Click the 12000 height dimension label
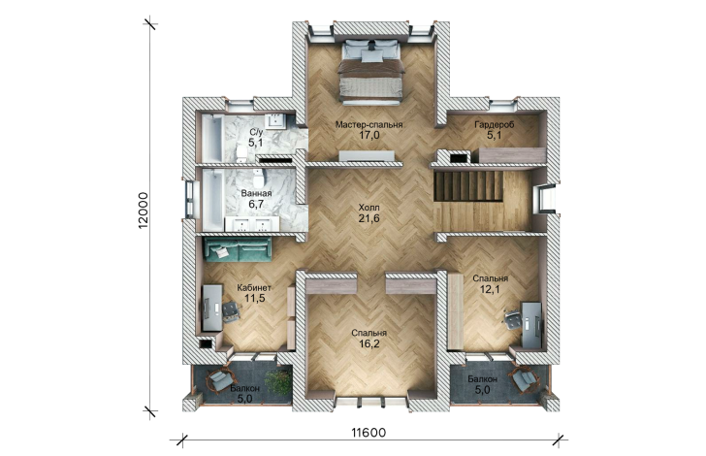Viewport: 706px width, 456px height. click(144, 211)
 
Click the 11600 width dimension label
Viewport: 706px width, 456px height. click(369, 433)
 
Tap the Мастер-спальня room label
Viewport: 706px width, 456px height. click(369, 125)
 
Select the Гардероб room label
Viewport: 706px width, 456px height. click(494, 125)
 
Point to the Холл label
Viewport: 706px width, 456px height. click(369, 208)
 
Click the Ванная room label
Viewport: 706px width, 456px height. click(256, 194)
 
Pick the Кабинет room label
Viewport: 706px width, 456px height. click(254, 287)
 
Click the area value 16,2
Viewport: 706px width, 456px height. click(369, 344)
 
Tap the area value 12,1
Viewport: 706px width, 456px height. click(490, 290)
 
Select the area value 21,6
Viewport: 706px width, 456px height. click(369, 219)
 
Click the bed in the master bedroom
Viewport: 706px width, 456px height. click(370, 72)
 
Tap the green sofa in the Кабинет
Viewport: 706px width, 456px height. click(238, 249)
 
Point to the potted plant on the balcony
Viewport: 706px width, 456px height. click(277, 382)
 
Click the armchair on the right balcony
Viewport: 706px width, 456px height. click(525, 379)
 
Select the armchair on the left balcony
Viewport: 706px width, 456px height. click(220, 380)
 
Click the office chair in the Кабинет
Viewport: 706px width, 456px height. click(231, 311)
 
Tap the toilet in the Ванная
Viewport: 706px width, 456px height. click(258, 179)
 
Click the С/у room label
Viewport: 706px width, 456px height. click(256, 133)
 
